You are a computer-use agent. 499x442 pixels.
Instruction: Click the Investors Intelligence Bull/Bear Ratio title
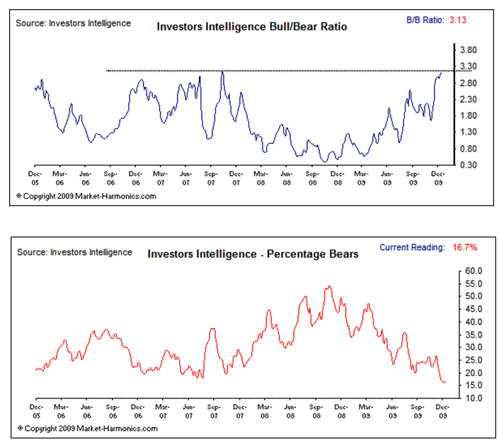pyautogui.click(x=252, y=27)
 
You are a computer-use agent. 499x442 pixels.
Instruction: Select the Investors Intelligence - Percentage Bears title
pyautogui.click(x=253, y=254)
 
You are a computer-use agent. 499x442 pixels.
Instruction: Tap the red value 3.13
pyautogui.click(x=456, y=21)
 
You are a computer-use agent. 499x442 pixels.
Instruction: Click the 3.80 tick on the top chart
pyautogui.click(x=469, y=50)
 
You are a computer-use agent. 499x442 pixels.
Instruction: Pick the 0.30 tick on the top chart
pyautogui.click(x=469, y=165)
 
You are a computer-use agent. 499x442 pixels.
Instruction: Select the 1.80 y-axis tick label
pyautogui.click(x=469, y=116)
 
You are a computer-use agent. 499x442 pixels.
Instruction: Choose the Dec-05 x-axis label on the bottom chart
pyautogui.click(x=35, y=412)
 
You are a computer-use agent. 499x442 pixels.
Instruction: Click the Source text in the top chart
pyautogui.click(x=73, y=23)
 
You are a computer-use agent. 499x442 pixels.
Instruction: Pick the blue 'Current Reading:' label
pyautogui.click(x=412, y=247)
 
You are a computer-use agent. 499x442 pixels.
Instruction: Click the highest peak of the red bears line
pyautogui.click(x=329, y=286)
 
